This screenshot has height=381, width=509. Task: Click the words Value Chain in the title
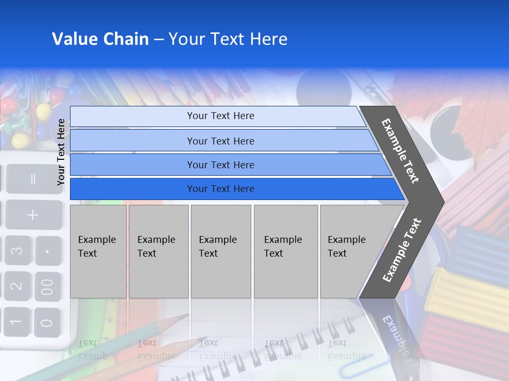click(100, 39)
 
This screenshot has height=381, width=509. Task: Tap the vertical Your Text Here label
click(62, 152)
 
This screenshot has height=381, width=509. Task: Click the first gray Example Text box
click(98, 251)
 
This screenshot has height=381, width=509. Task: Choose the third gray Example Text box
click(221, 251)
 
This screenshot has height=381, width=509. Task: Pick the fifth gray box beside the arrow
click(350, 251)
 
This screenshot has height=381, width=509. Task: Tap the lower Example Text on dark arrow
click(402, 250)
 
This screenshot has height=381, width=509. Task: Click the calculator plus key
click(33, 215)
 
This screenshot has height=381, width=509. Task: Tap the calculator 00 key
click(48, 286)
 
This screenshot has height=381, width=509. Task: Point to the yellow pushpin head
click(20, 141)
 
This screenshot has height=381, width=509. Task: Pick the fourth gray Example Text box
click(285, 251)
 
